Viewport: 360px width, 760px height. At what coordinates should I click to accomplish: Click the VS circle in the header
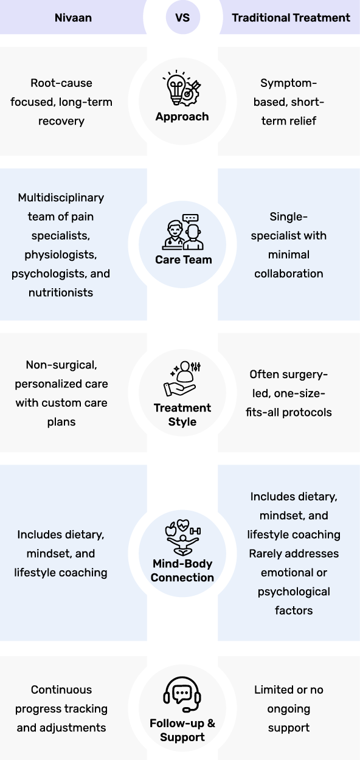pyautogui.click(x=182, y=17)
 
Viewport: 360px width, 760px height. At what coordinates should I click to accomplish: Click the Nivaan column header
pyautogui.click(x=74, y=18)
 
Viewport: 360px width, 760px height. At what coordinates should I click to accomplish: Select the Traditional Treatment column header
pyautogui.click(x=291, y=18)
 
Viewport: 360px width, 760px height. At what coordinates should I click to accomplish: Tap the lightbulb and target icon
pyautogui.click(x=182, y=89)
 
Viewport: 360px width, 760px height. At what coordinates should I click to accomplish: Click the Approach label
pyautogui.click(x=182, y=116)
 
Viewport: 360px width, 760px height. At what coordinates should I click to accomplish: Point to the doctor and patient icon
pyautogui.click(x=183, y=232)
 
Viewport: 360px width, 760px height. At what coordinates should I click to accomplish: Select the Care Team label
pyautogui.click(x=184, y=260)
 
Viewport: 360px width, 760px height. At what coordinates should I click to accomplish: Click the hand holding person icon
pyautogui.click(x=182, y=378)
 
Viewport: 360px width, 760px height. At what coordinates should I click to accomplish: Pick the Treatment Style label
pyautogui.click(x=182, y=415)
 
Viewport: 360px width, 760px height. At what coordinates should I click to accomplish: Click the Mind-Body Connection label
pyautogui.click(x=182, y=570)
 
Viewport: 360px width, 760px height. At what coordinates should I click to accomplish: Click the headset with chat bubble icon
pyautogui.click(x=182, y=694)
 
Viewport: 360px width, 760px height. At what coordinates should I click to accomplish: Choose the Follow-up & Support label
pyautogui.click(x=182, y=730)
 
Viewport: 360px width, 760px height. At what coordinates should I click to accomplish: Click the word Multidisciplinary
pyautogui.click(x=61, y=198)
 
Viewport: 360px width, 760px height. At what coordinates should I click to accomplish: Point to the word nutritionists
pyautogui.click(x=61, y=292)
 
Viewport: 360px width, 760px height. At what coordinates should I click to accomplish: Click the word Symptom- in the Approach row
pyautogui.click(x=288, y=83)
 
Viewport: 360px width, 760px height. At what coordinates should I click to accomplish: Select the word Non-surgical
pyautogui.click(x=61, y=365)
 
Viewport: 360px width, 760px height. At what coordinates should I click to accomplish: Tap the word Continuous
pyautogui.click(x=61, y=689)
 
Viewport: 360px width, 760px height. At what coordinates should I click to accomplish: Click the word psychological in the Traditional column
pyautogui.click(x=294, y=592)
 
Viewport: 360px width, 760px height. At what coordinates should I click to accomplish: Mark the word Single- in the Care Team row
pyautogui.click(x=288, y=217)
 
